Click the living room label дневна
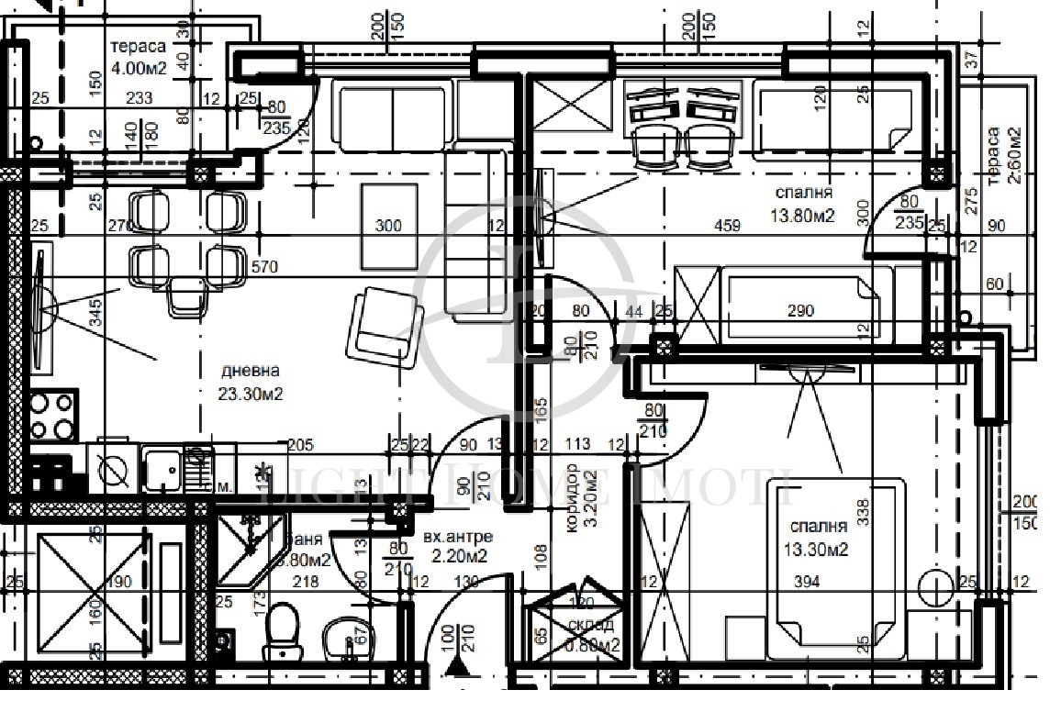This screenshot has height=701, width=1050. point(250,371)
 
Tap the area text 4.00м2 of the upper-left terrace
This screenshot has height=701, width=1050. point(140,68)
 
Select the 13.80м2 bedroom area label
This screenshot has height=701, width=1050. point(804,216)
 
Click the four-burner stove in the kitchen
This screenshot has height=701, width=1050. point(52,415)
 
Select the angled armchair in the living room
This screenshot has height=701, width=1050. point(385,327)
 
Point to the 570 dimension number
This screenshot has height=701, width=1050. point(265,267)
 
